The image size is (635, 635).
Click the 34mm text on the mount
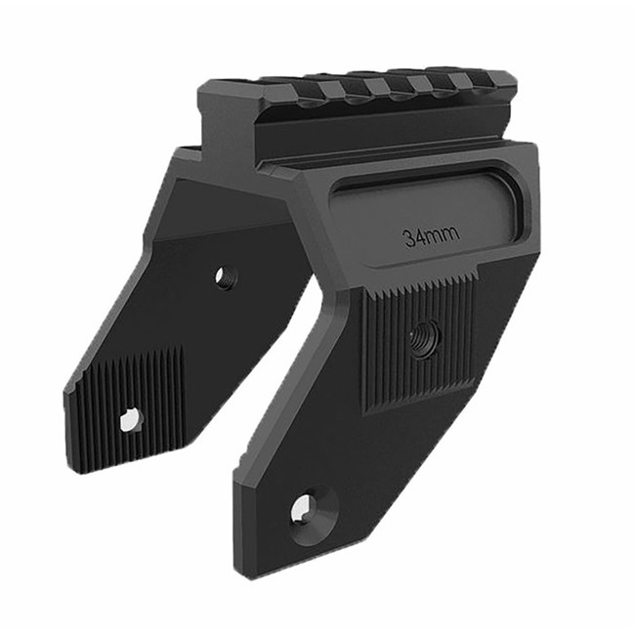pos(431,236)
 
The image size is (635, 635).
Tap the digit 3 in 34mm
pos(410,237)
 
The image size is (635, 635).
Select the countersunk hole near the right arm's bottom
pos(305,507)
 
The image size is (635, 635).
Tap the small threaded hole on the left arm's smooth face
pos(226,277)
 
